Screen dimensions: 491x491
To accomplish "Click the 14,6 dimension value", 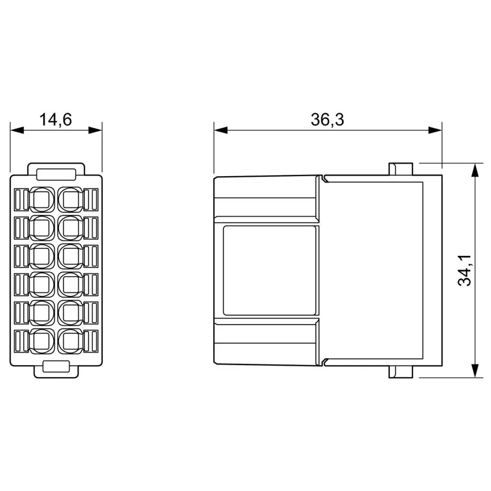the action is tap(55, 120).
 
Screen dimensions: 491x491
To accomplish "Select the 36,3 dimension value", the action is tap(327, 120).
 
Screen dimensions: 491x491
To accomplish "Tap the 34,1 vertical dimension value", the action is tap(464, 270).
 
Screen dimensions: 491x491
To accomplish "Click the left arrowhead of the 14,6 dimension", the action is tap(17, 131).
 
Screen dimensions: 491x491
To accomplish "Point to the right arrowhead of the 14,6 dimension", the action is tap(95, 131).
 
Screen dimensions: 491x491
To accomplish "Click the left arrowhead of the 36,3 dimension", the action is tap(221, 131).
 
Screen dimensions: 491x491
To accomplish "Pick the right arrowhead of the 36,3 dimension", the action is tap(436, 131).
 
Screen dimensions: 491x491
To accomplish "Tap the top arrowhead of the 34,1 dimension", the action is tap(475, 170).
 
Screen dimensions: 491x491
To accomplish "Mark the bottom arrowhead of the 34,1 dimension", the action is tap(475, 370).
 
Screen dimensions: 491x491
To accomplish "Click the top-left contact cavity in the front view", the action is tap(42, 199).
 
